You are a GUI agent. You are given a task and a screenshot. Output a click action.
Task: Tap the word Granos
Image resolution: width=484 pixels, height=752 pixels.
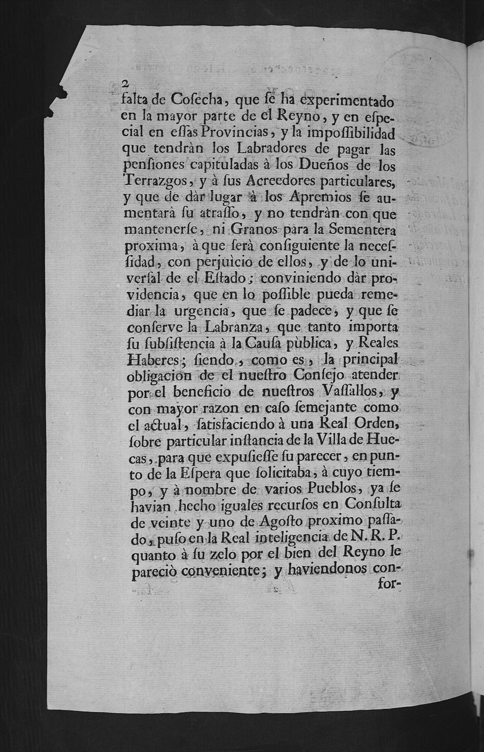(253, 230)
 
